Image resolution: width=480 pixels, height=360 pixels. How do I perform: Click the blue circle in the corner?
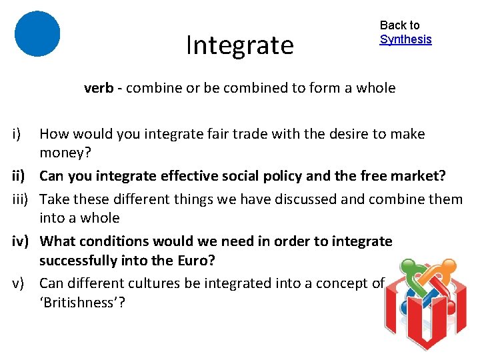37,33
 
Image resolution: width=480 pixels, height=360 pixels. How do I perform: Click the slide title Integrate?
239,45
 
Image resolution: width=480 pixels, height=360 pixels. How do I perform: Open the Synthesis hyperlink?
405,39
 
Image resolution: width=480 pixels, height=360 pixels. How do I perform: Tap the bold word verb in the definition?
98,88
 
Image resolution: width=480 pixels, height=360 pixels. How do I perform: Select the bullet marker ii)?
19,177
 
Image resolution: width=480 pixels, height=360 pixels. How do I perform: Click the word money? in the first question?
65,153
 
